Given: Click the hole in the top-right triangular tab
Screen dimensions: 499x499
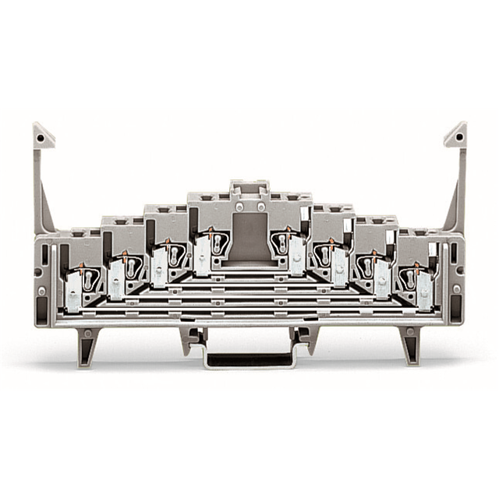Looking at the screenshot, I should point(458,136).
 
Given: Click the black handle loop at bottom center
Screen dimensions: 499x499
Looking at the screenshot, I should point(249,360).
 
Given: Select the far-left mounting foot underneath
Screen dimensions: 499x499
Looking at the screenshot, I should point(88,343).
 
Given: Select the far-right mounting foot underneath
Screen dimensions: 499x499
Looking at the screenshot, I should point(409,343).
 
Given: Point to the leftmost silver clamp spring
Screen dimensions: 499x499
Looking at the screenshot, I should point(73,293).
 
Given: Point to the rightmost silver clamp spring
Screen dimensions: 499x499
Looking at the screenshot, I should point(425,293).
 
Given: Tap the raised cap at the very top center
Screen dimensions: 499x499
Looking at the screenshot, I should point(249,188).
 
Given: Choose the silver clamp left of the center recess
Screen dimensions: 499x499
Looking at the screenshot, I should point(203,255).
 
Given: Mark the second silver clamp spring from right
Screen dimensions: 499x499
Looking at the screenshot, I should point(382,279).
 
